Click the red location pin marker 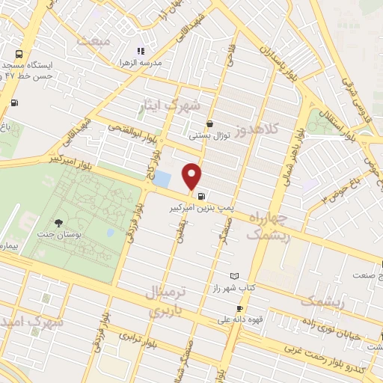192,175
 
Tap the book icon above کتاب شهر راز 236,276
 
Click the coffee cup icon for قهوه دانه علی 239,308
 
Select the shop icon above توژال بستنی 209,123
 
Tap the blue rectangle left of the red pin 163,180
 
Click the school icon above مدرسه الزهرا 139,51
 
